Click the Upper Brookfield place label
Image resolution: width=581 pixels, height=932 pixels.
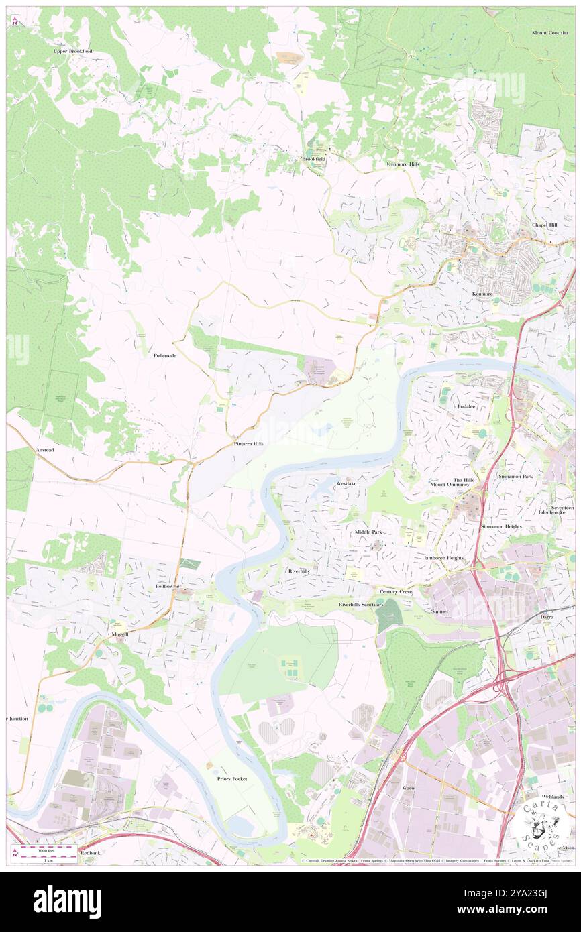click(x=73, y=51)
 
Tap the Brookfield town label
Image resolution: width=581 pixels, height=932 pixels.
click(x=313, y=159)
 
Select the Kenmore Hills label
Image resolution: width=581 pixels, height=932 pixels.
click(x=403, y=164)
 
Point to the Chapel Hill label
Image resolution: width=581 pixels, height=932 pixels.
click(x=544, y=225)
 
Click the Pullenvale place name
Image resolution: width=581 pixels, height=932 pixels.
click(x=164, y=355)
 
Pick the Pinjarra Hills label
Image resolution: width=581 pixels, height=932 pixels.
click(x=248, y=444)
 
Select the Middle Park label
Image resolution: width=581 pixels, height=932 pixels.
click(x=368, y=532)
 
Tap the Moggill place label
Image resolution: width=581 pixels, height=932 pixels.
click(x=118, y=633)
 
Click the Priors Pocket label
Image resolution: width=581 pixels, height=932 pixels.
click(x=232, y=778)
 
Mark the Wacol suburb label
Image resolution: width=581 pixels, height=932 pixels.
click(x=409, y=787)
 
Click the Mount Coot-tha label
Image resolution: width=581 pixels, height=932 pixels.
click(x=549, y=32)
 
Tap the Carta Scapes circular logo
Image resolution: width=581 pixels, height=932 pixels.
click(x=541, y=824)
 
